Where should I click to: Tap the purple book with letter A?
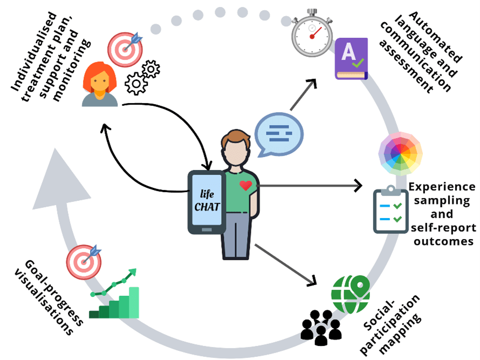351,59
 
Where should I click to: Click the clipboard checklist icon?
390,211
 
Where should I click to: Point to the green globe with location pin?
351,295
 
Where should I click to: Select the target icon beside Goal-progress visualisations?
84,262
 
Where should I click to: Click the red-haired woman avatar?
100,84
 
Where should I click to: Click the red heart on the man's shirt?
246,186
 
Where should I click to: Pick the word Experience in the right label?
442,187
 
